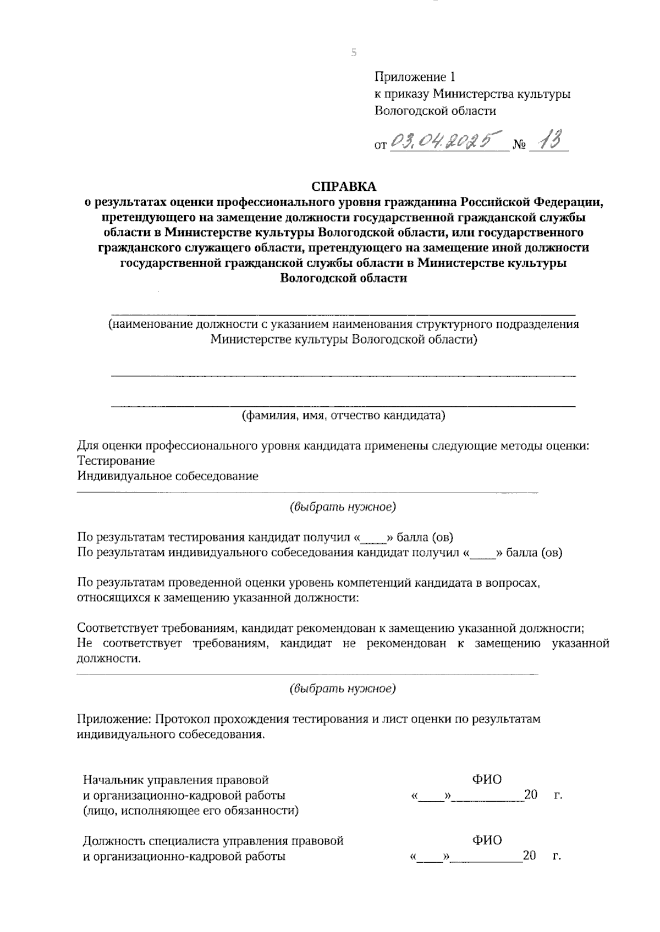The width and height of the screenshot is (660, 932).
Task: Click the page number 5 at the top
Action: tap(354, 53)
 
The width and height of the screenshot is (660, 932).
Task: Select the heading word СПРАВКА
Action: tap(344, 186)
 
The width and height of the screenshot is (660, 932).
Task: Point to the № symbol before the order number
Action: tap(519, 146)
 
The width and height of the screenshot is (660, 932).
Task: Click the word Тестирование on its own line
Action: tap(116, 461)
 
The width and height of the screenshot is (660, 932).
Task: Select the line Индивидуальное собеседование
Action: tap(168, 476)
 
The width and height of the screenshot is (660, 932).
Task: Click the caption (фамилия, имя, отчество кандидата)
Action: tap(344, 415)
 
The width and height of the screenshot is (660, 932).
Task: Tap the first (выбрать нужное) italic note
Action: tap(343, 506)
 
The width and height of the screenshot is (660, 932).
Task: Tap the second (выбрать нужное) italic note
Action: tap(343, 688)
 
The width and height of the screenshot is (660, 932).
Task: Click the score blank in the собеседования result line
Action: tap(485, 554)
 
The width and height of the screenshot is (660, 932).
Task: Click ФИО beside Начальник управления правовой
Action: tap(487, 780)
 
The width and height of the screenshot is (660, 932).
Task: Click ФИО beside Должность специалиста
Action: tap(487, 841)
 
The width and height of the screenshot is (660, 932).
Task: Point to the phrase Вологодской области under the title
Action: tap(344, 278)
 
